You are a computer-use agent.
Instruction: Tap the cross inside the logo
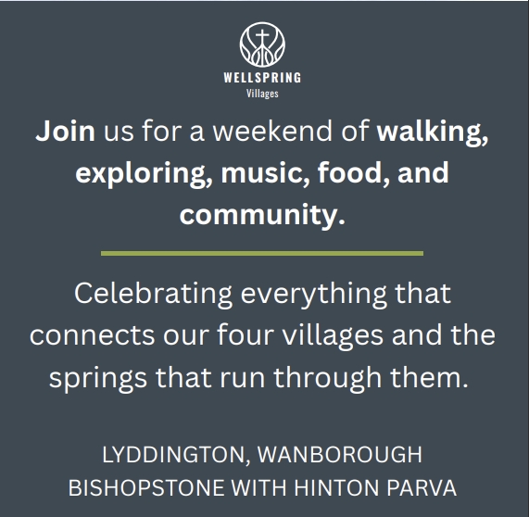point(262,37)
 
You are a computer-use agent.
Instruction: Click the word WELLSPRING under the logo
point(262,78)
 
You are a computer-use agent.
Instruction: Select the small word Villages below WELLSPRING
point(262,94)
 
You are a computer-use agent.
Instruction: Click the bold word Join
point(65,131)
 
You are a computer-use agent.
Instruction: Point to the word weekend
point(272,131)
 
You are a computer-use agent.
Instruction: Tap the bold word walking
point(432,132)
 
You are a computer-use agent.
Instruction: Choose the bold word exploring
point(145,174)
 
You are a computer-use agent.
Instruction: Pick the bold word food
point(354,173)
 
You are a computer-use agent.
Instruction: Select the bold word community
point(262,216)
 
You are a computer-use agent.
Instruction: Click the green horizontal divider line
point(262,254)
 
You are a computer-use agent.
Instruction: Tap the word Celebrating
point(154,295)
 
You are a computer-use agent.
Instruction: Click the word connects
point(92,335)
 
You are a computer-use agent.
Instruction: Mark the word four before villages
point(245,334)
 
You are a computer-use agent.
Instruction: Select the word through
point(328,378)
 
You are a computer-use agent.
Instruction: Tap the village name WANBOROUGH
point(340,455)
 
